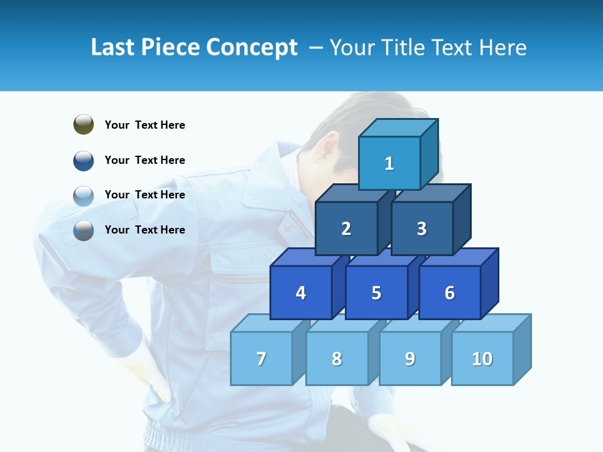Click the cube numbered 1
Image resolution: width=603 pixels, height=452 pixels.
point(389,163)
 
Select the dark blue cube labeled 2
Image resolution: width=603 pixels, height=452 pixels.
point(346,229)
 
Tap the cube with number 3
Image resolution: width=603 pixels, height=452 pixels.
point(421,229)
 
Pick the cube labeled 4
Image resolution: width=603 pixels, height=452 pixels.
point(301,293)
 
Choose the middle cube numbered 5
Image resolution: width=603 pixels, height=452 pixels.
point(376,293)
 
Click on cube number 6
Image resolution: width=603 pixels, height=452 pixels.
point(450,293)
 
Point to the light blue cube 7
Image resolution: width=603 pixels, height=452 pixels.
point(261,358)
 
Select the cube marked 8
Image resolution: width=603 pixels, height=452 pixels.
point(337,358)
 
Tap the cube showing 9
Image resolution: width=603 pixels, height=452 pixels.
point(410,358)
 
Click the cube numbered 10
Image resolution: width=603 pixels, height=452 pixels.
point(482,358)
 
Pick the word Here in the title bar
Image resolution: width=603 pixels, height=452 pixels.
point(503,48)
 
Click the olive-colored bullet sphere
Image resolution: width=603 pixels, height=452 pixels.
point(84,124)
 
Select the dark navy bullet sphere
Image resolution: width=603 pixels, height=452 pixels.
point(84,161)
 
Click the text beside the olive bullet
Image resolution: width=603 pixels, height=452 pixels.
point(144,125)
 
